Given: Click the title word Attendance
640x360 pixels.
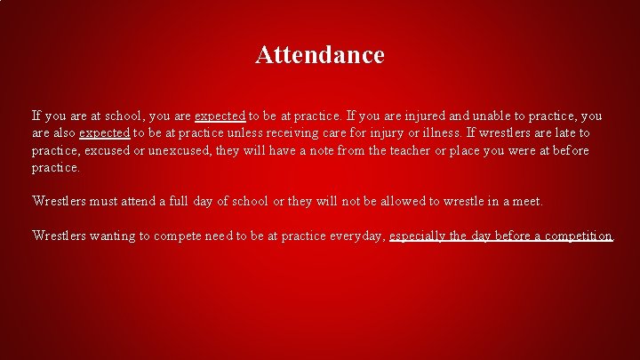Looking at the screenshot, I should (320, 55).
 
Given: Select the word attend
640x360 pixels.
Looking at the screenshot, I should (136, 202).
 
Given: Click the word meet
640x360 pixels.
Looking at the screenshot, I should (526, 202).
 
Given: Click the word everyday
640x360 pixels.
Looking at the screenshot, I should (354, 236).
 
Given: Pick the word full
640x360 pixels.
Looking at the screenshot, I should (175, 202).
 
